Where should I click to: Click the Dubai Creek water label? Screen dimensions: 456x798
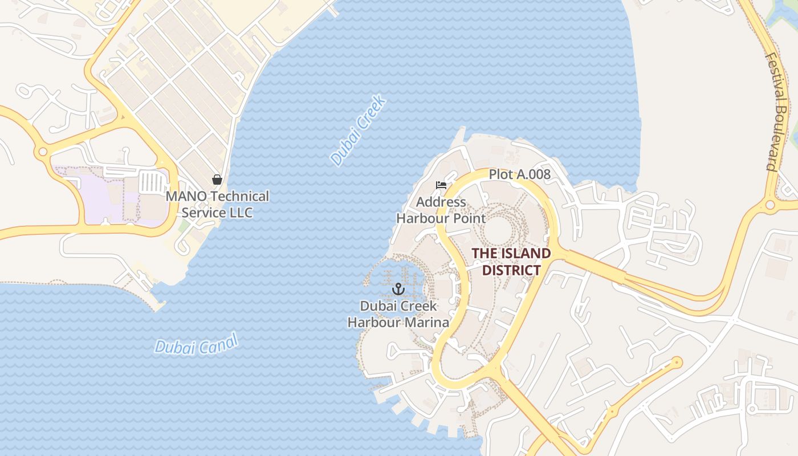click(359, 132)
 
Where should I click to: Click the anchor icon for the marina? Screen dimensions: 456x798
click(398, 289)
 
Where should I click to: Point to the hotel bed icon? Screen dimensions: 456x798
click(441, 185)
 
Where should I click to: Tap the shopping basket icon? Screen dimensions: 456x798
click(217, 180)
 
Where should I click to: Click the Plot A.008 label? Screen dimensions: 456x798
click(520, 174)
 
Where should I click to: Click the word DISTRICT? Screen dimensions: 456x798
click(511, 270)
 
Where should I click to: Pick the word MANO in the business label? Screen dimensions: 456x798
click(186, 197)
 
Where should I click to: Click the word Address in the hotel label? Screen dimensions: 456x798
click(441, 202)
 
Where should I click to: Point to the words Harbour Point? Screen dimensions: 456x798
click(441, 218)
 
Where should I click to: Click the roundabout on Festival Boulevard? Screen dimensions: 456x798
click(770, 205)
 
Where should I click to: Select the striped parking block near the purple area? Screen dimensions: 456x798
click(152, 183)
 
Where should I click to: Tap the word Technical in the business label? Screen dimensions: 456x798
click(239, 197)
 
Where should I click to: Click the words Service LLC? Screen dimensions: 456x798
click(217, 213)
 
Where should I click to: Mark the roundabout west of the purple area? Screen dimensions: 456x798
click(42, 152)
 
